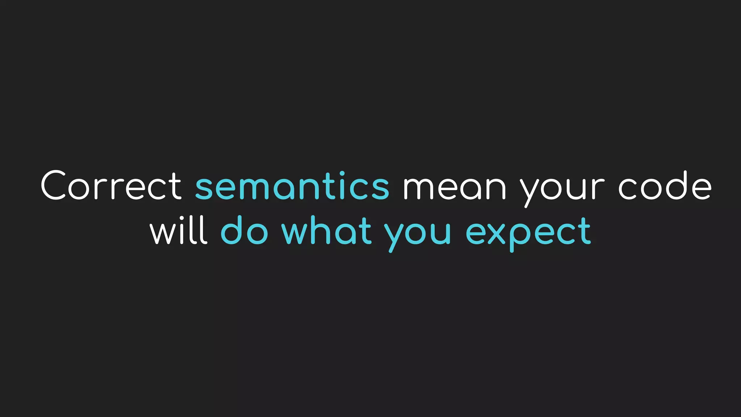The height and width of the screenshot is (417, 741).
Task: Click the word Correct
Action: (111, 186)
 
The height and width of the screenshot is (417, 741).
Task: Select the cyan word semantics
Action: (292, 186)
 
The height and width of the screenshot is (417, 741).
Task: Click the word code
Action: (665, 186)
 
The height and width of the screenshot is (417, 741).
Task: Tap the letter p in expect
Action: (520, 235)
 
